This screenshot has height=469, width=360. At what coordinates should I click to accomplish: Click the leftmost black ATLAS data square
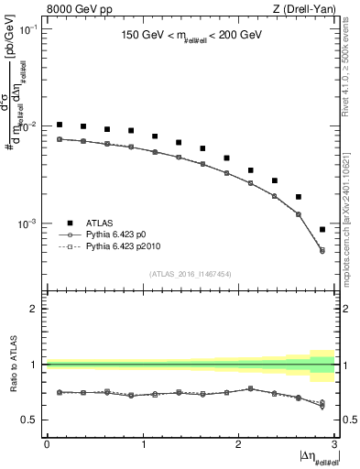[x=60, y=125]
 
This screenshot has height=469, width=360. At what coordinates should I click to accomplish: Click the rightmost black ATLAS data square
[x=322, y=230]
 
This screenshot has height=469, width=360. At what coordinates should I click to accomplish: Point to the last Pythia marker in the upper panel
[x=322, y=250]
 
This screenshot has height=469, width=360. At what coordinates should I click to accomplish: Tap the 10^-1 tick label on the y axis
[x=29, y=29]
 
